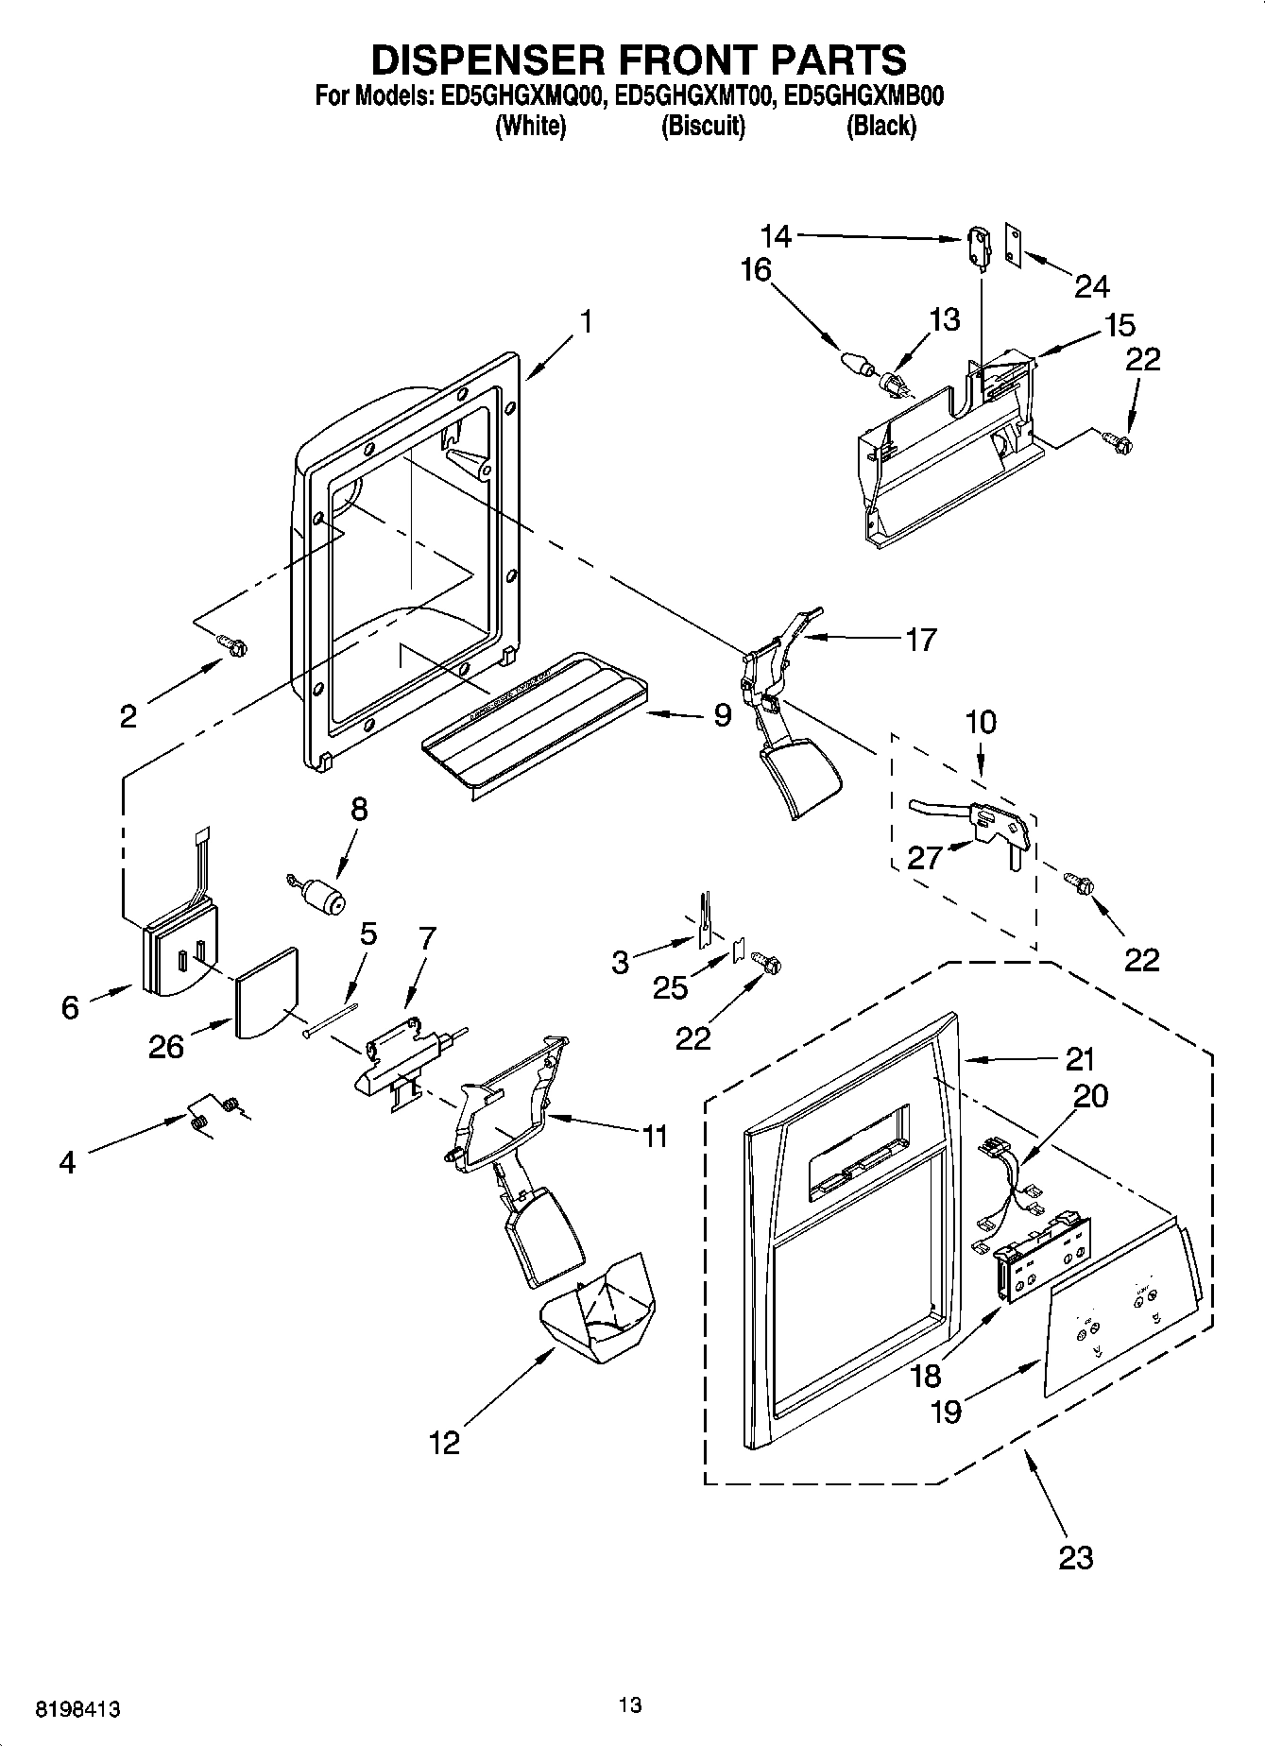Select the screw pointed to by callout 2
click(232, 644)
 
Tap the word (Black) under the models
click(880, 126)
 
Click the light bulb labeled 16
click(854, 363)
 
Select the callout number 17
click(920, 640)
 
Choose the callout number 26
click(165, 1047)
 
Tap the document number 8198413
click(78, 1709)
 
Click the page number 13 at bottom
click(630, 1704)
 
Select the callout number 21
click(1079, 1059)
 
